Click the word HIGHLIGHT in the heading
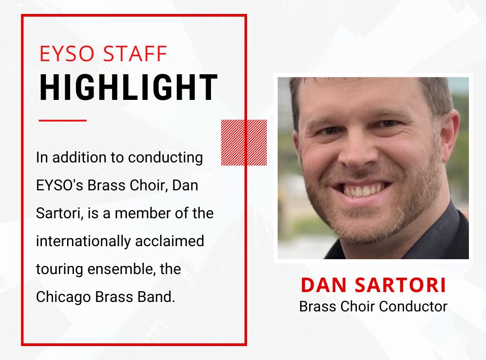click(129, 88)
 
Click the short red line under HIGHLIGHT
click(63, 120)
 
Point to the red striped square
click(244, 142)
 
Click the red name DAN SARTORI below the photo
click(373, 285)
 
